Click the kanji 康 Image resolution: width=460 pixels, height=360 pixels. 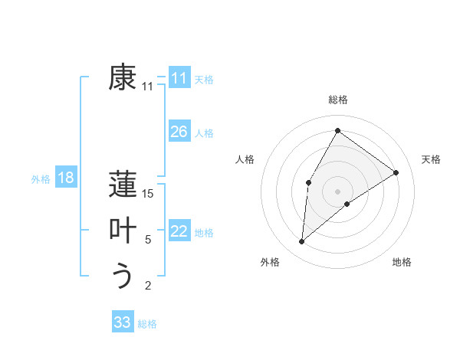(x=123, y=77)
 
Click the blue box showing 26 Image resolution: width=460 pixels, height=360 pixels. (x=179, y=132)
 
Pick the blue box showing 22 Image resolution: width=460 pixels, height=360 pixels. (x=179, y=231)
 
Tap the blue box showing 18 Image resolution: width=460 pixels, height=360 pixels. (x=66, y=178)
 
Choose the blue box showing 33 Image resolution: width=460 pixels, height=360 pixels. (x=123, y=322)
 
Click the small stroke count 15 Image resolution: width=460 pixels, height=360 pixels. (x=148, y=194)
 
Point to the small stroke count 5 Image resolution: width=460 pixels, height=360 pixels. (x=148, y=240)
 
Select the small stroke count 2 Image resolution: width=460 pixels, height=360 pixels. (x=148, y=286)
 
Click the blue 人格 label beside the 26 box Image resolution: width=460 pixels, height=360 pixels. (x=204, y=133)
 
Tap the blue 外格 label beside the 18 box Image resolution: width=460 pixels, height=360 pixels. (x=41, y=179)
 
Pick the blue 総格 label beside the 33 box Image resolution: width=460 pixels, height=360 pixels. (x=147, y=324)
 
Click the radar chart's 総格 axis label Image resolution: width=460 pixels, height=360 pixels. (x=337, y=100)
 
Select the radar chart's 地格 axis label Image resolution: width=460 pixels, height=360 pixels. (x=402, y=262)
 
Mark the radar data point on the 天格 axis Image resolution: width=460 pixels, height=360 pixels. (x=396, y=172)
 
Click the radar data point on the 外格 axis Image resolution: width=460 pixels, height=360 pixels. (x=302, y=242)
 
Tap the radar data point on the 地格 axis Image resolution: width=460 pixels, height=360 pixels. (x=347, y=204)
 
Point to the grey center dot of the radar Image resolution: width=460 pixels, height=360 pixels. (x=337, y=191)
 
